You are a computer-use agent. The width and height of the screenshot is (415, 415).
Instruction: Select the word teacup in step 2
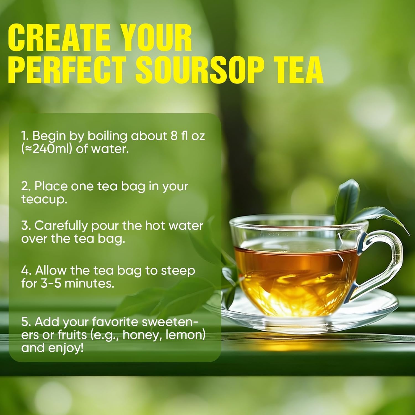coord(44,199)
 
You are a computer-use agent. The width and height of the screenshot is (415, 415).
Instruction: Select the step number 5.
coord(25,322)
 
